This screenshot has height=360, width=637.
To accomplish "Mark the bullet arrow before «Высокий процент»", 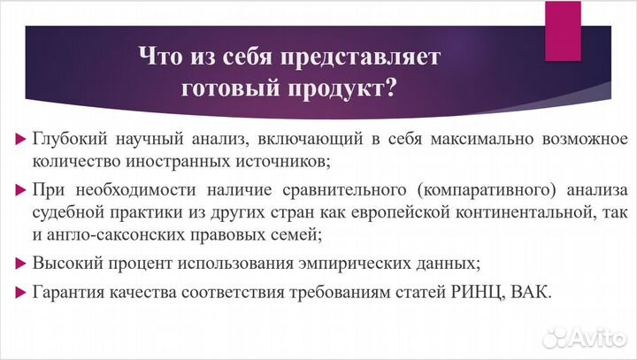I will point(20,264).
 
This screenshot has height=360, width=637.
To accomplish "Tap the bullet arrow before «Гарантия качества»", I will point(20,293).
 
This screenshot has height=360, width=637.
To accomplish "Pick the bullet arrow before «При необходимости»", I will point(20,191).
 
